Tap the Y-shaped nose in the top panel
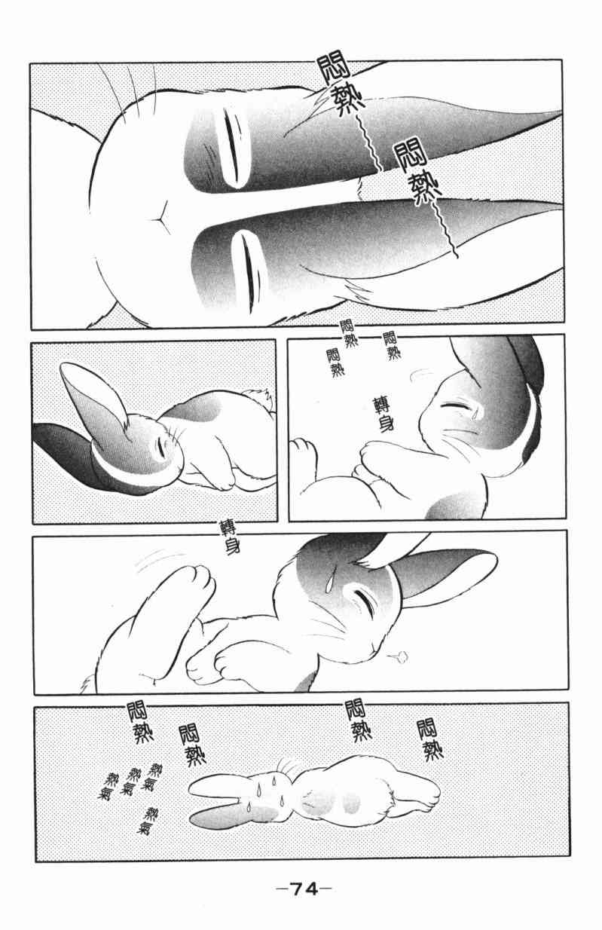pyautogui.click(x=160, y=215)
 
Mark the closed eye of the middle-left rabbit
pyautogui.click(x=160, y=448)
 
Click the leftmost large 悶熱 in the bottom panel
pyautogui.click(x=139, y=724)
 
